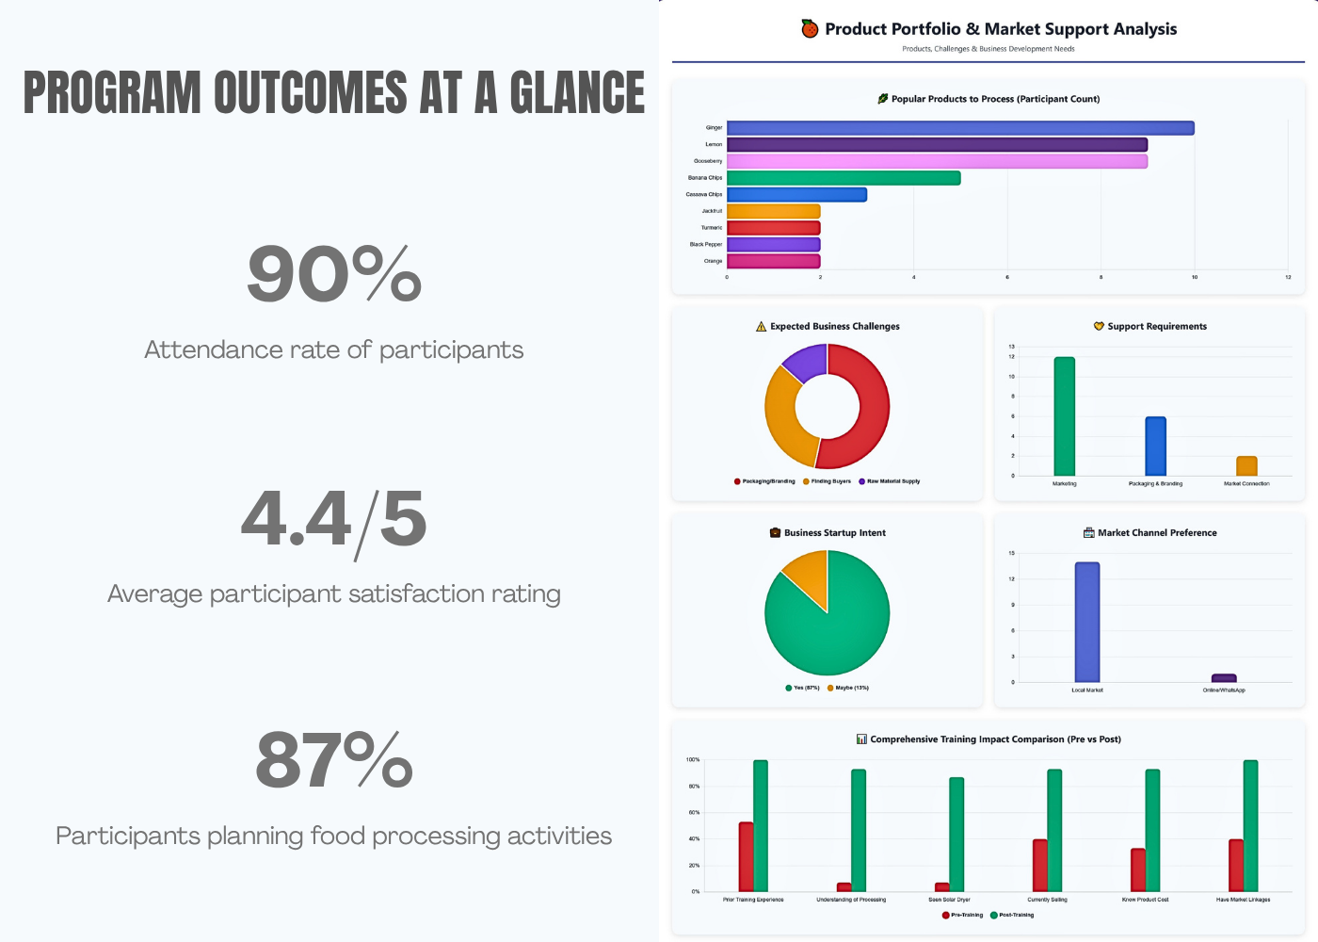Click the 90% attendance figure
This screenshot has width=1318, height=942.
click(334, 274)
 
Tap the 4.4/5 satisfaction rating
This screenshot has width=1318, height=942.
click(334, 519)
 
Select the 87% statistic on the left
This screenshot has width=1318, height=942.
click(334, 760)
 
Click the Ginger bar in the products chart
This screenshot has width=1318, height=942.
click(960, 128)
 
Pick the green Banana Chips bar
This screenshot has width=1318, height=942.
click(844, 178)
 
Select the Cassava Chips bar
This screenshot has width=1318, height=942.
click(796, 195)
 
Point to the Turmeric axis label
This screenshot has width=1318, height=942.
click(712, 228)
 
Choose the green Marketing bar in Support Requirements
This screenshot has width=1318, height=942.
click(1064, 416)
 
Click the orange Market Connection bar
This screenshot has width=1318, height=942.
click(1246, 466)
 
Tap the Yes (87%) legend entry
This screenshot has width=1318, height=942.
click(802, 688)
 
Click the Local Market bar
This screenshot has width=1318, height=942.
click(1087, 622)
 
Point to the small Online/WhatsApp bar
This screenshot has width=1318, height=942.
click(1224, 678)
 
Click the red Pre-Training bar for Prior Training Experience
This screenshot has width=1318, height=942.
click(746, 856)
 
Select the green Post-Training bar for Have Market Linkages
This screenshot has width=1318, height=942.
click(1250, 825)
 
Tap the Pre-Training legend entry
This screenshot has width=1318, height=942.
click(962, 915)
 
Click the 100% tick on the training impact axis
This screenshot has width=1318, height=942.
click(693, 759)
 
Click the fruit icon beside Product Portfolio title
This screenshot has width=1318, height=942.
click(810, 28)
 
